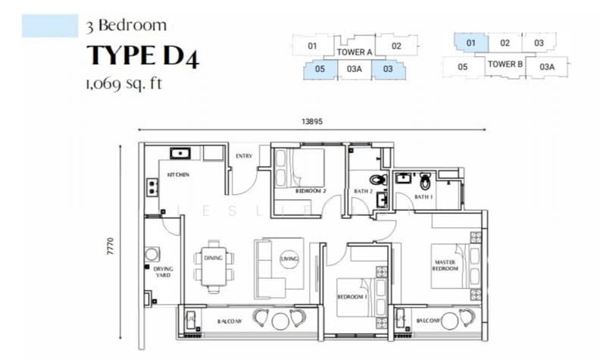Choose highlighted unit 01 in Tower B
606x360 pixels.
tap(470, 43)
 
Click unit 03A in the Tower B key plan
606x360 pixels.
tap(547, 67)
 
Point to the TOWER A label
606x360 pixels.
tap(354, 52)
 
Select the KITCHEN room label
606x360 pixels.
tap(178, 175)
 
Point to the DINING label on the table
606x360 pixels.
tap(213, 258)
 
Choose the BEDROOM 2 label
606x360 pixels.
tap(311, 191)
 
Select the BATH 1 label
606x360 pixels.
tap(422, 198)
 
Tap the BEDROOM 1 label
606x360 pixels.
tap(351, 296)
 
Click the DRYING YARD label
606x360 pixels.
tap(162, 272)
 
